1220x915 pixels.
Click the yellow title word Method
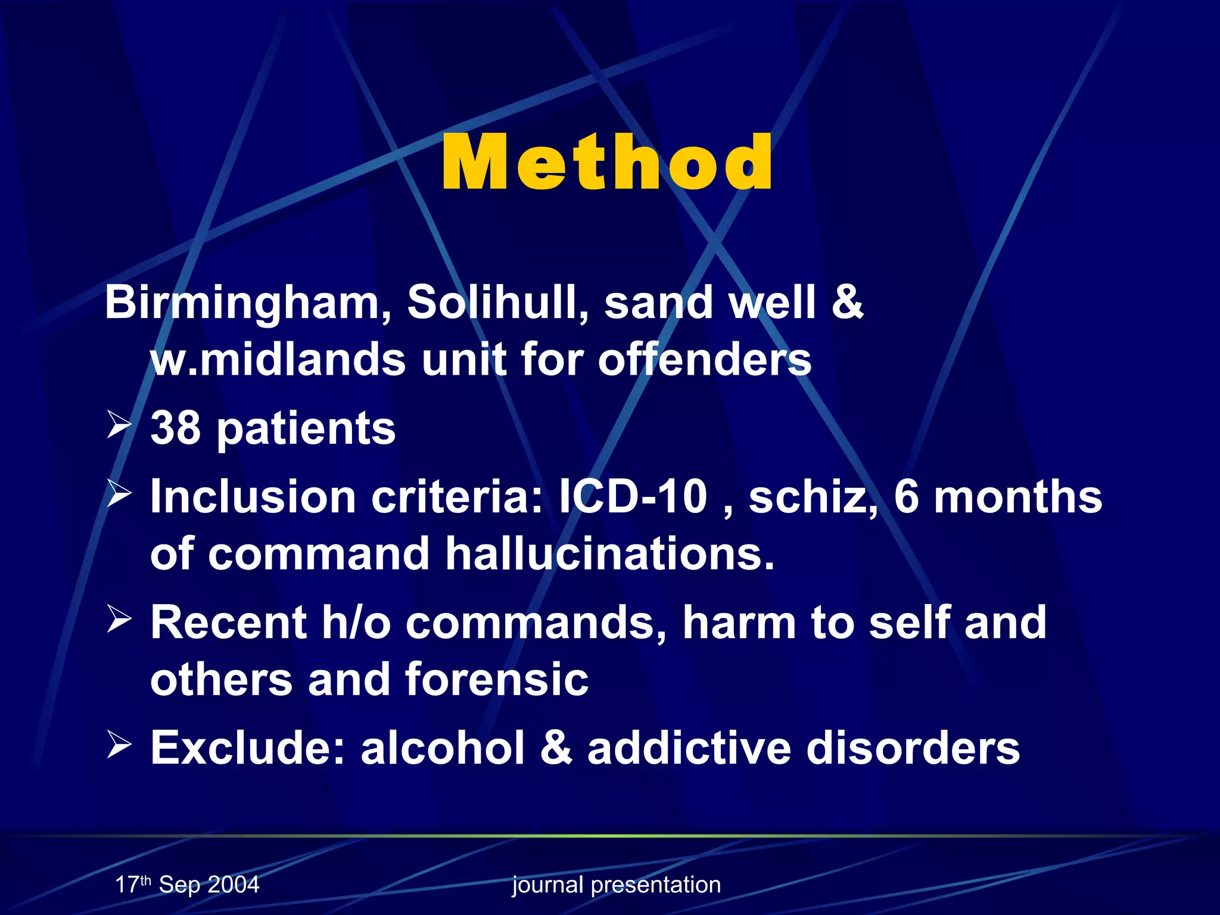click(607, 162)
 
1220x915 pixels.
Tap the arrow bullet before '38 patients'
click(119, 426)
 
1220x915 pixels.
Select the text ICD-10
click(633, 496)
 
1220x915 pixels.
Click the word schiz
click(812, 496)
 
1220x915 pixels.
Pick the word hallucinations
click(610, 553)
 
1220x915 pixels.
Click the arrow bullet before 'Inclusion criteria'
click(119, 494)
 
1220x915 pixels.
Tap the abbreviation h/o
click(356, 622)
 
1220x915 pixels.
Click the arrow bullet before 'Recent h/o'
click(119, 620)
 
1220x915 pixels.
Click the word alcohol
click(443, 747)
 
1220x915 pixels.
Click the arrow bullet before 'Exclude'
click(119, 745)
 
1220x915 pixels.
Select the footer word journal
click(547, 885)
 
